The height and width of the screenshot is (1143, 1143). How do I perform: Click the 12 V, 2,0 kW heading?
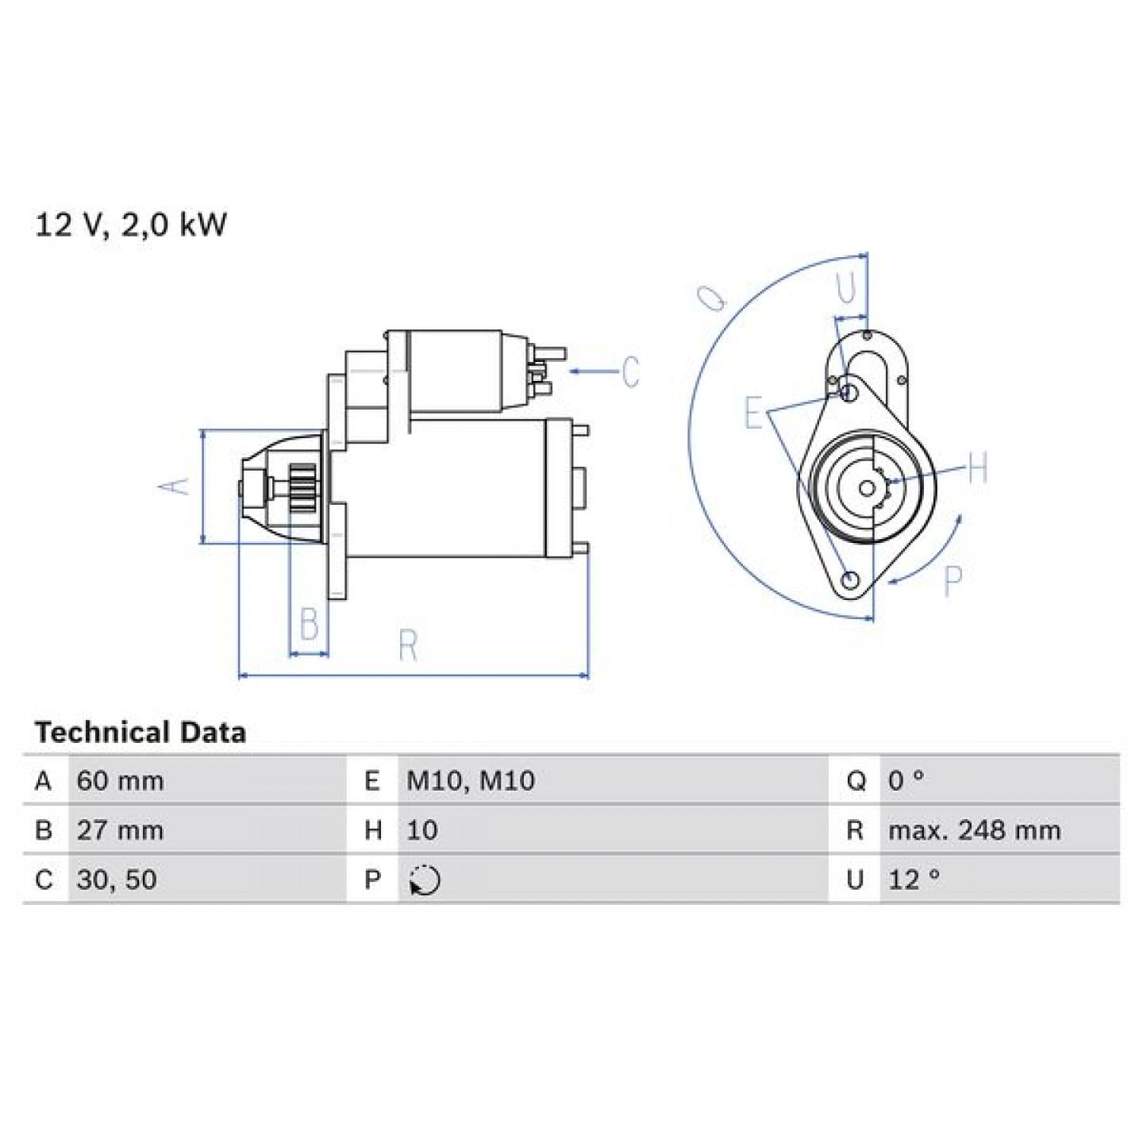[x=131, y=226]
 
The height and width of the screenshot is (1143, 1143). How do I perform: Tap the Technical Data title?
[x=140, y=733]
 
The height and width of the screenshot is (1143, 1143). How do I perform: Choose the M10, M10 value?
[x=471, y=781]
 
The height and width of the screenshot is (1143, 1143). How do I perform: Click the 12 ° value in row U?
[x=914, y=879]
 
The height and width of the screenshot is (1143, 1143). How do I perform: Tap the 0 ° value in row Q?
[x=906, y=781]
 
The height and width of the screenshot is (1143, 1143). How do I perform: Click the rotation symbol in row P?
[x=425, y=879]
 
